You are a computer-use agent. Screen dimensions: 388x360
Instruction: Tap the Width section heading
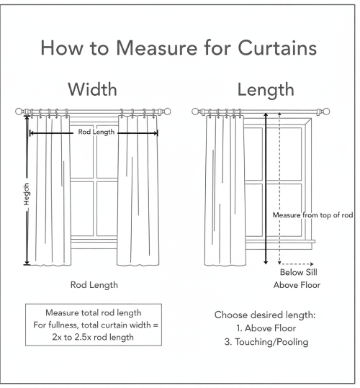click(x=94, y=90)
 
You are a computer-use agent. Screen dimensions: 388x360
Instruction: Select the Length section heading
click(x=265, y=90)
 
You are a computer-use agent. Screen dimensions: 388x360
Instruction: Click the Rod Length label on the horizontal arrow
click(x=96, y=132)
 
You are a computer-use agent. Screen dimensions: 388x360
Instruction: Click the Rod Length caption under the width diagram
click(x=94, y=285)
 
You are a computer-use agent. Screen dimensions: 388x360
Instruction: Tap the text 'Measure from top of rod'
click(x=312, y=215)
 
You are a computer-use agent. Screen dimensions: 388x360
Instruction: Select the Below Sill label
click(x=297, y=273)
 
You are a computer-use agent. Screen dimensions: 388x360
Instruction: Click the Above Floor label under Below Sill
click(x=297, y=285)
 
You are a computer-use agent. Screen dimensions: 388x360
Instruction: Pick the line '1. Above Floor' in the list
click(x=266, y=329)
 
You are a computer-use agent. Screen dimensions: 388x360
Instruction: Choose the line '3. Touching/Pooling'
click(x=266, y=342)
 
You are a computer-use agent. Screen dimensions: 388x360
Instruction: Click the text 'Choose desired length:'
click(x=266, y=315)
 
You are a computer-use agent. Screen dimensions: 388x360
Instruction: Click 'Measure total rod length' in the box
click(x=94, y=314)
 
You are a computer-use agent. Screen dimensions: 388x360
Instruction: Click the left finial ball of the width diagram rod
click(x=19, y=112)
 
